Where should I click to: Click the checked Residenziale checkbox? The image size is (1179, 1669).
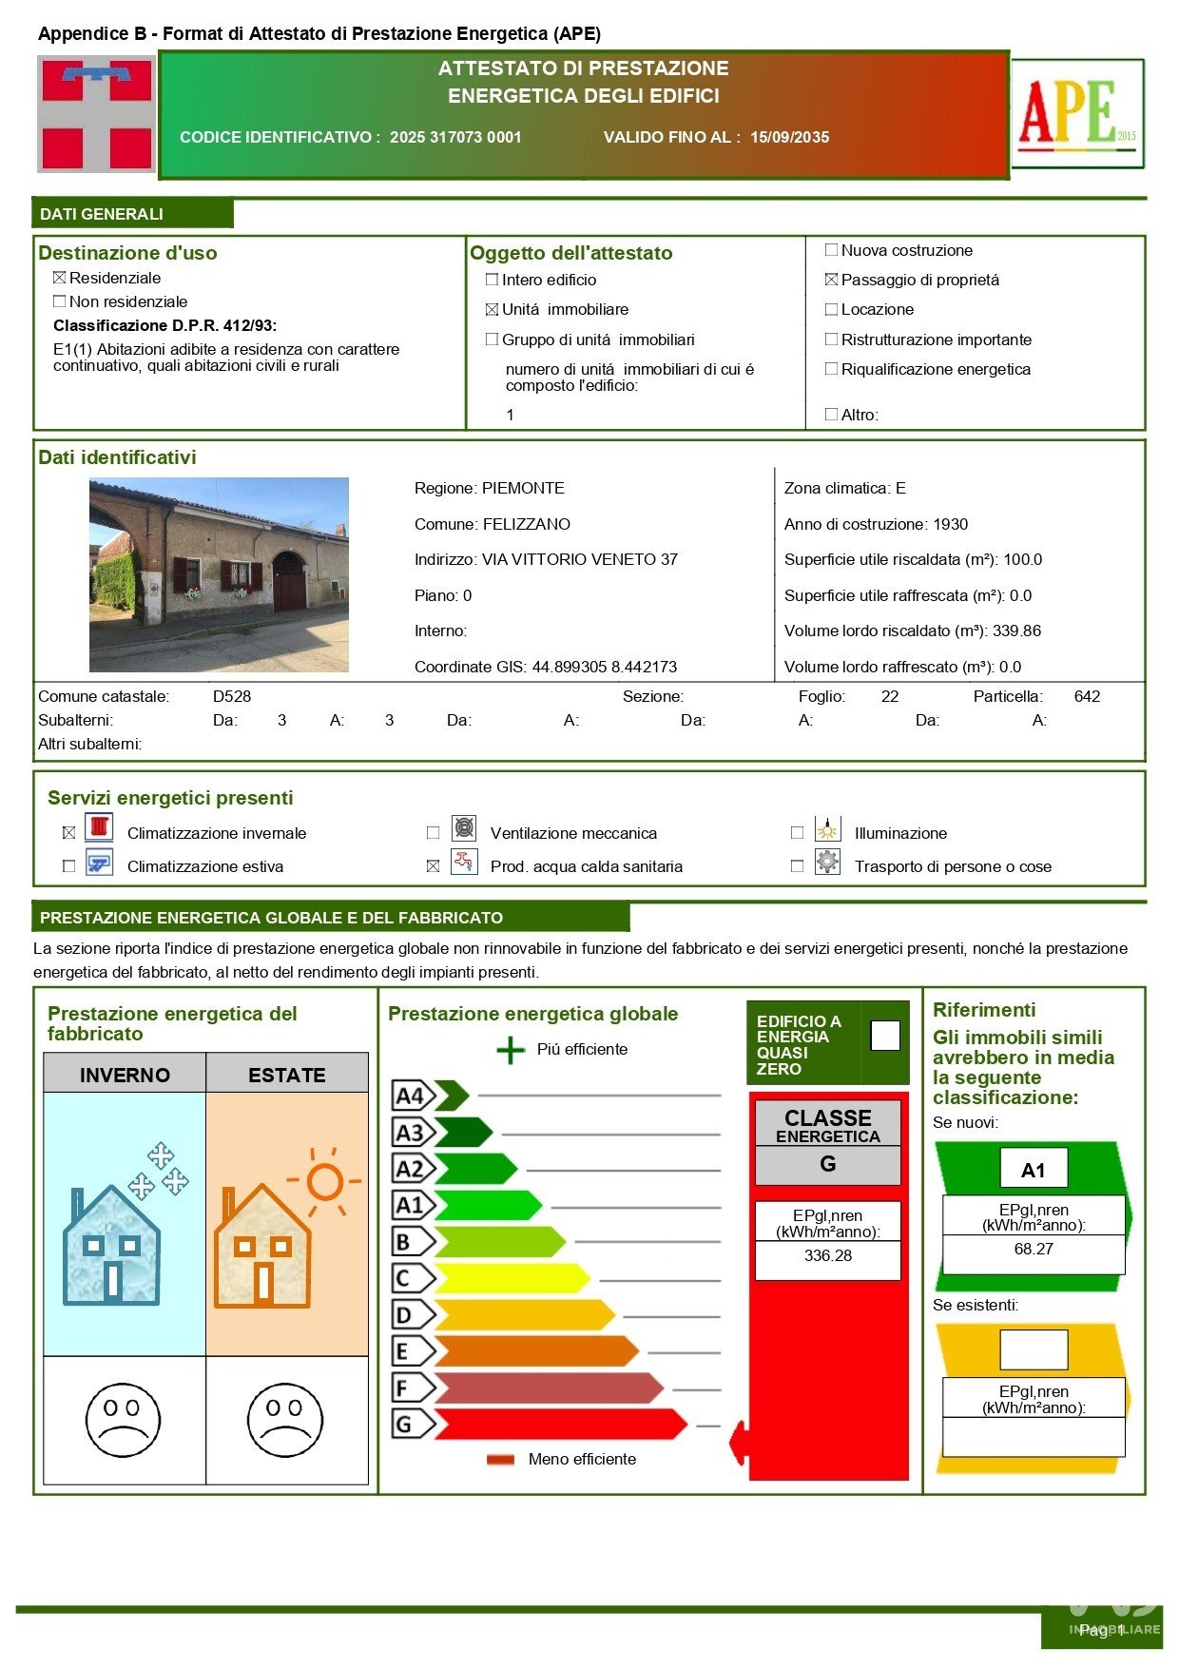60,278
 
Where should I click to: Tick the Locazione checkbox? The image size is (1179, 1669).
832,309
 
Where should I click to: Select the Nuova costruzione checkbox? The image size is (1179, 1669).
832,250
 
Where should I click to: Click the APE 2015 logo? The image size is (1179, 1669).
1077,113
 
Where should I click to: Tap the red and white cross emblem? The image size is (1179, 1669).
96,114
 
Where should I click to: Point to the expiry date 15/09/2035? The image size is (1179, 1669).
789,137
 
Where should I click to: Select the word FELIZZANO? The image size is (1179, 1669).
527,524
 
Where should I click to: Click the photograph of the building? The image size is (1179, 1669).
219,574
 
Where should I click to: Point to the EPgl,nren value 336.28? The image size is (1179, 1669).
827,1255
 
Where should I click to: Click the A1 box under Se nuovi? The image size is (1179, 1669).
1034,1169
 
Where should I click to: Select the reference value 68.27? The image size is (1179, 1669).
1034,1249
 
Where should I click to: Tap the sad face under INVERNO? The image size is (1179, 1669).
123,1419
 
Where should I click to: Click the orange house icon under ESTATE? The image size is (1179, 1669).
262,1246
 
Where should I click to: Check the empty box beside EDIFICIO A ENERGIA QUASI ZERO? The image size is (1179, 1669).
885,1036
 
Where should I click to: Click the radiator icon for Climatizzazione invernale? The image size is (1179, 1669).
99,826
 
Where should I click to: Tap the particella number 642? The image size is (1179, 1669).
1087,696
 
